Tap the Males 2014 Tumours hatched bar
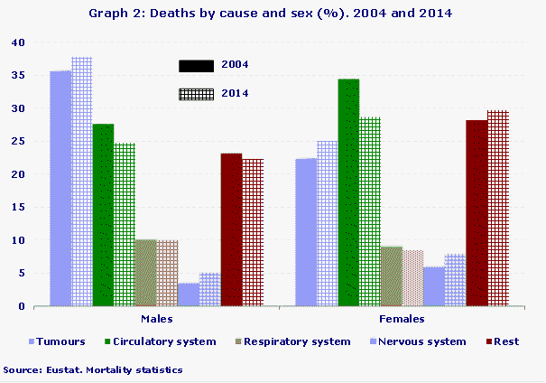(82, 182)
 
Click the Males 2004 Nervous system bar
(189, 294)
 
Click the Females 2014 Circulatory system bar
(370, 211)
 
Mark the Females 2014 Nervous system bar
(456, 280)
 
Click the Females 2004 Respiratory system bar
(392, 276)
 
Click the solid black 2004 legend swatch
(196, 65)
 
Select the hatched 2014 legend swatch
(196, 93)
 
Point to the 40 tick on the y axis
(18, 42)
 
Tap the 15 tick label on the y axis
(18, 208)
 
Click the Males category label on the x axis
(157, 320)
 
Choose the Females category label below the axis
(402, 320)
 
